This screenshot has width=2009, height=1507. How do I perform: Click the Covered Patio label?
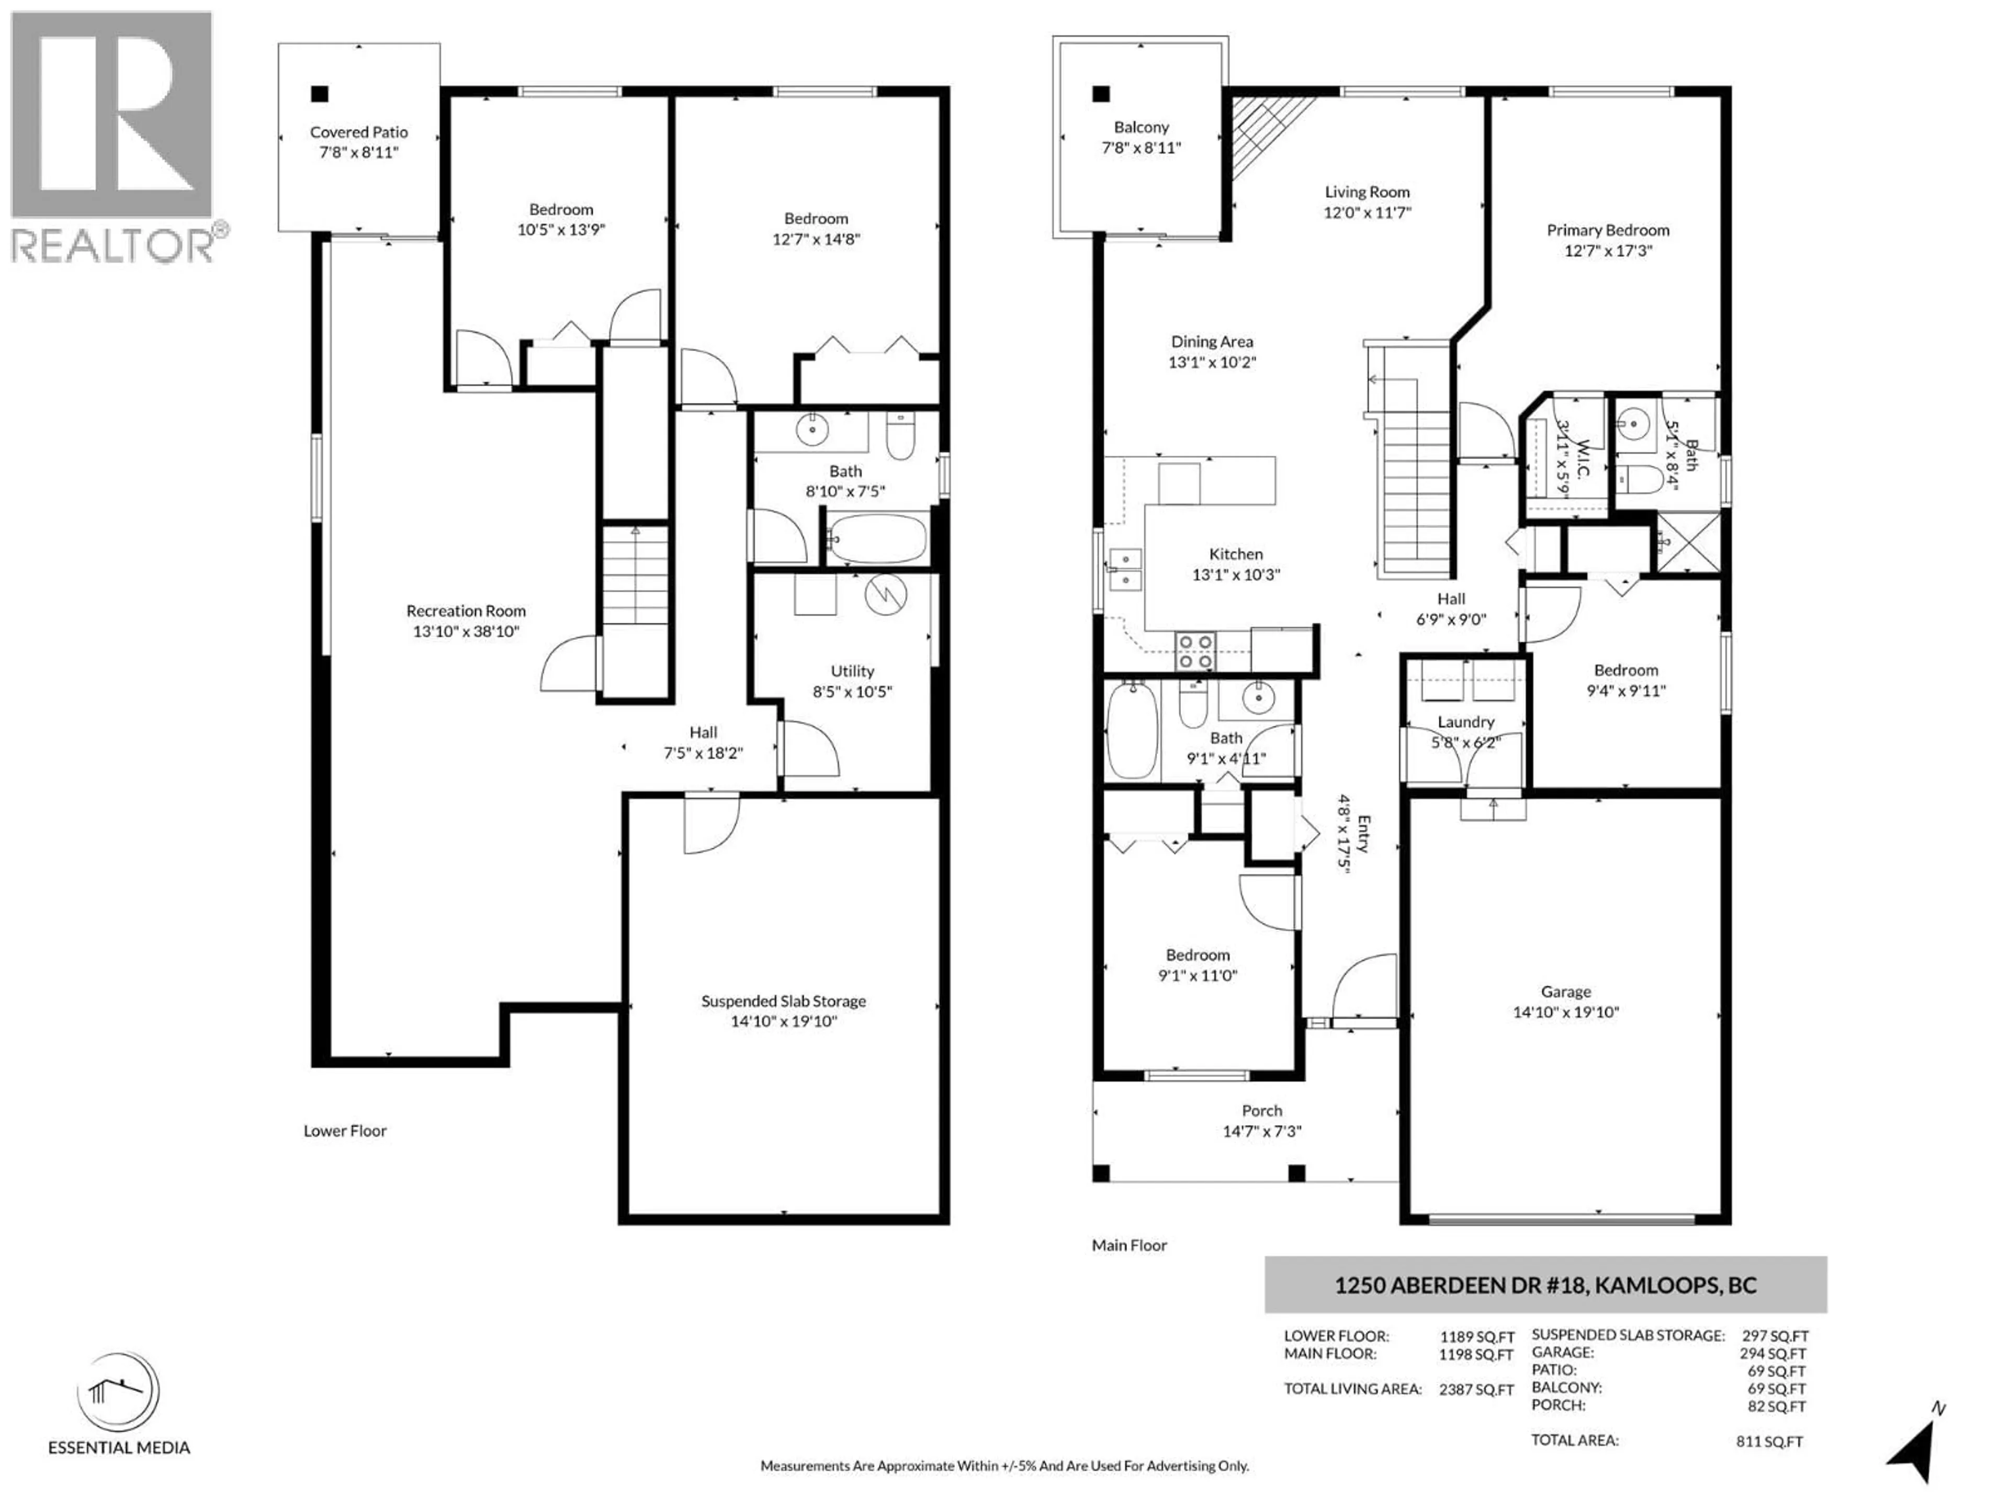coord(359,132)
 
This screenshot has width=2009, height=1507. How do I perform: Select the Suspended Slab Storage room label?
coord(783,1001)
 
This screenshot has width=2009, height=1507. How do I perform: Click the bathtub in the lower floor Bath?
coord(877,538)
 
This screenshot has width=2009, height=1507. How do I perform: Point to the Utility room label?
coord(852,671)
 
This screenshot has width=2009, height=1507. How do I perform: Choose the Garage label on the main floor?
coord(1565,992)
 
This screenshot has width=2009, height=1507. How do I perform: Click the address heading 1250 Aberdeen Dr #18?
coord(1544,1285)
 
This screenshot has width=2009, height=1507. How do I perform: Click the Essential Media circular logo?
coord(118,1392)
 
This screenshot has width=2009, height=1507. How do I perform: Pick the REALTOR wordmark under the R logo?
coord(114,244)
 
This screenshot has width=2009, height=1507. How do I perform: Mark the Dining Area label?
coord(1212,342)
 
